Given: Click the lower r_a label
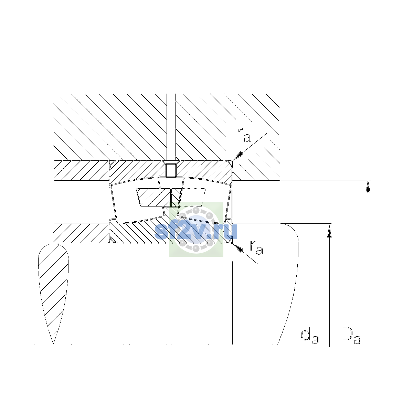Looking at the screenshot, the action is [256, 247].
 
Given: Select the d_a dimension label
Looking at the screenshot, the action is [310, 337].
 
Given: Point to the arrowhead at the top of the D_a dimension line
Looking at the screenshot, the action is [368, 187].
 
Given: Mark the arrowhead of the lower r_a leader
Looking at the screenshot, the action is [238, 248].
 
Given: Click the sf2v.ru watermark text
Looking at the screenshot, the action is [196, 231].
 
